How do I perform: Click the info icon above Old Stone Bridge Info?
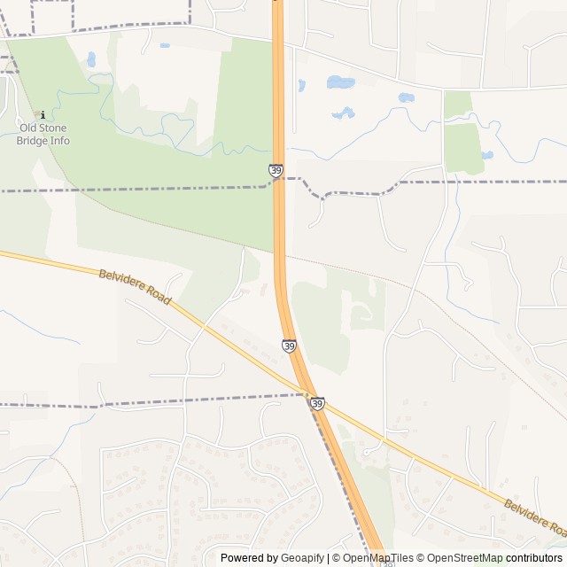[x=38, y=114]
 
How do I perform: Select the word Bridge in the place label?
[x=31, y=141]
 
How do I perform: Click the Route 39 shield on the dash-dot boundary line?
[x=276, y=169]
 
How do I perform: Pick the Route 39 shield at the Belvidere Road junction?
[x=317, y=403]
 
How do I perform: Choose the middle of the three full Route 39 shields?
[x=289, y=346]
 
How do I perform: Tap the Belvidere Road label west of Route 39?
[x=135, y=287]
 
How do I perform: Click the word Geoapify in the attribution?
[x=303, y=558]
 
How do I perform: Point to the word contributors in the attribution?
[x=534, y=558]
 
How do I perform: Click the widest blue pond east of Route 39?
[x=341, y=82]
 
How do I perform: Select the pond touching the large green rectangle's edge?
[x=486, y=155]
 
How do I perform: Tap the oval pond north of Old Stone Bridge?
[x=91, y=59]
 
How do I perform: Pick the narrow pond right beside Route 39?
[x=302, y=86]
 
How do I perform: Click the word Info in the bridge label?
[x=59, y=141]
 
